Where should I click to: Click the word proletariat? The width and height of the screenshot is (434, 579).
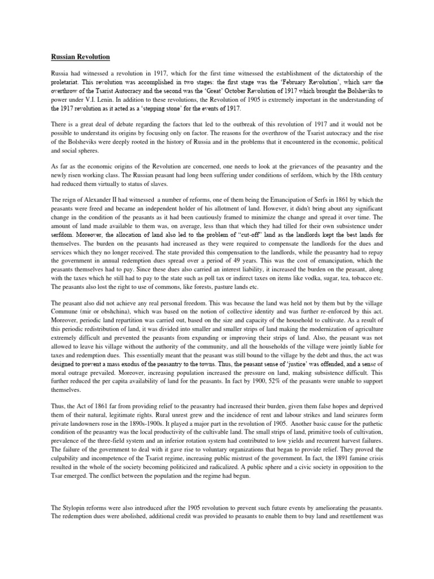tap(62, 82)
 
